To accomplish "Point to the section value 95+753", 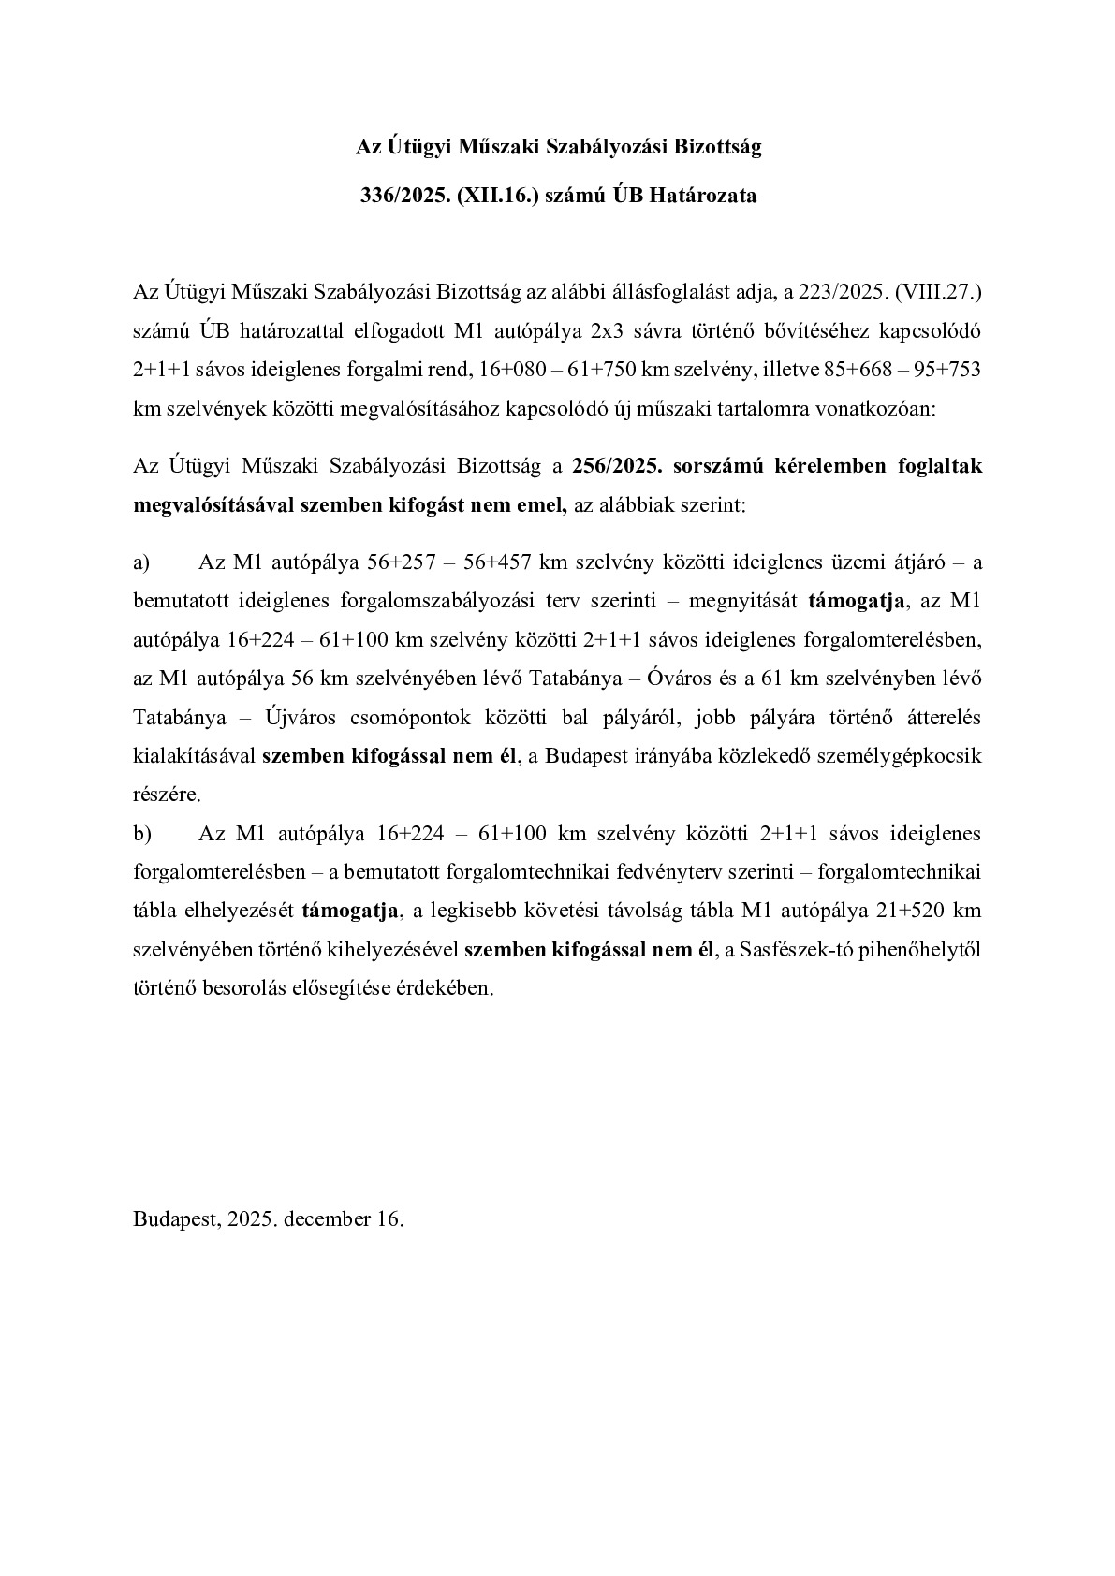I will point(947,369).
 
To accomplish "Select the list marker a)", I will point(141,562).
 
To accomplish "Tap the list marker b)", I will point(142,833).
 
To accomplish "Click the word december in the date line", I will point(327,1218).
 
